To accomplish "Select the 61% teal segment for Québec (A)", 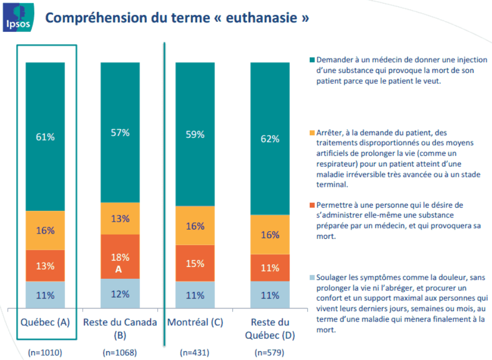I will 45,137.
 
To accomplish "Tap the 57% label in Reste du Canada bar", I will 120,132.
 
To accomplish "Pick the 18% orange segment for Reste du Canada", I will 120,256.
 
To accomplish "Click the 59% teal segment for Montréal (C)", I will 195,134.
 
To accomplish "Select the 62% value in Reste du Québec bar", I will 270,138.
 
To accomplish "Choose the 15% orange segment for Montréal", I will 195,263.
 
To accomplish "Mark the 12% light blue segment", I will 120,294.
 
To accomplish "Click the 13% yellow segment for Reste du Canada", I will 120,218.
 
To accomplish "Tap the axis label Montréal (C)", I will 195,323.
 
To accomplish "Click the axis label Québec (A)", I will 45,323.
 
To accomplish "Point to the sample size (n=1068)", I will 120,353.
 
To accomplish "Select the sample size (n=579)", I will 270,353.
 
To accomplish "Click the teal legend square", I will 312,60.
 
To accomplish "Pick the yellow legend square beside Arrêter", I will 312,133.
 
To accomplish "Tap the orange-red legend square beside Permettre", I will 312,205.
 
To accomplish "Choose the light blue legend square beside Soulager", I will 312,278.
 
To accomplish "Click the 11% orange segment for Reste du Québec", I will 270,268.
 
